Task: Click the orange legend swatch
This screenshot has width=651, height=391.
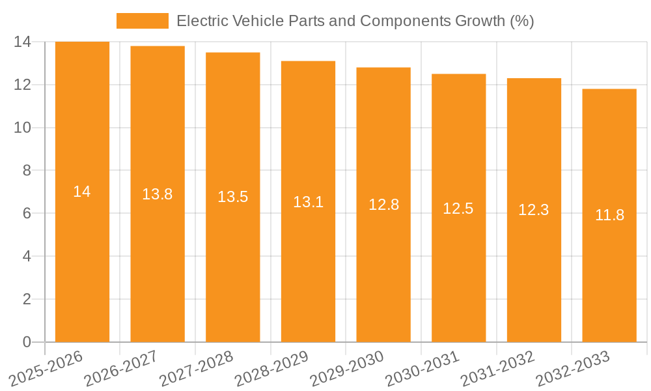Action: point(142,21)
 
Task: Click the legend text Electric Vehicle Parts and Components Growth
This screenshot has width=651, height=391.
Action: point(355,21)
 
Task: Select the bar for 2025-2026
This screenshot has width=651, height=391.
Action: point(82,261)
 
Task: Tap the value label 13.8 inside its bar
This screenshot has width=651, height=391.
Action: point(158,194)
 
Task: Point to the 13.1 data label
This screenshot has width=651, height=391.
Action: point(308,202)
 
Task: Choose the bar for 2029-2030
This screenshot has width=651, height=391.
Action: point(383,274)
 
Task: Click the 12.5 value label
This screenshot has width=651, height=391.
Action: point(458,209)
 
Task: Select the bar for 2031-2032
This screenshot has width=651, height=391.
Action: point(534,274)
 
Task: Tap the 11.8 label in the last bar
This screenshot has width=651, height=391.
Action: point(609,215)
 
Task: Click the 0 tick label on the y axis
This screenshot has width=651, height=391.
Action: point(27,342)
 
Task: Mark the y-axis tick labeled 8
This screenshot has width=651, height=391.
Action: point(27,171)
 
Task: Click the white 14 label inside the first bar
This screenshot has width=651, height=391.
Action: point(82,192)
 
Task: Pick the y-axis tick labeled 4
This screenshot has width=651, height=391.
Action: point(27,256)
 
